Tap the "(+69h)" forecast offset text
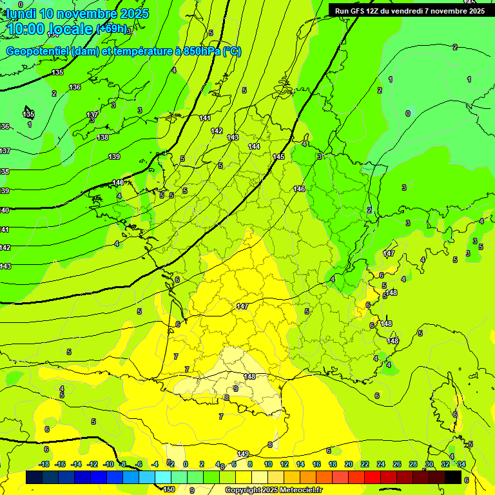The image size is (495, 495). tap(113, 30)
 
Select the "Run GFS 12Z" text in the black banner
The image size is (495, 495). tap(360, 10)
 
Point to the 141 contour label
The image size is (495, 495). tap(205, 118)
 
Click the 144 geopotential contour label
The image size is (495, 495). tap(254, 146)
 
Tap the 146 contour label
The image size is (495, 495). tap(299, 189)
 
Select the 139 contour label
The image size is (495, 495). tap(114, 157)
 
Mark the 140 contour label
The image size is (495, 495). tap(118, 182)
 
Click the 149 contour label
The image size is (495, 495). tap(243, 454)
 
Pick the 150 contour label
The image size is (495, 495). tap(168, 489)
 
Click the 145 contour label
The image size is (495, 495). tap(278, 157)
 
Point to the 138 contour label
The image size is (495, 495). tap(102, 137)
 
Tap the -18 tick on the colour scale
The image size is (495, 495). tap(44, 464)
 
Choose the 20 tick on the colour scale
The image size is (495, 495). tap(349, 464)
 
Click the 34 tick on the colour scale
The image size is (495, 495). tap(461, 464)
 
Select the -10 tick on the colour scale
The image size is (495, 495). tap(109, 464)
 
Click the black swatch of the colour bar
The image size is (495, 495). tap(453, 477)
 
